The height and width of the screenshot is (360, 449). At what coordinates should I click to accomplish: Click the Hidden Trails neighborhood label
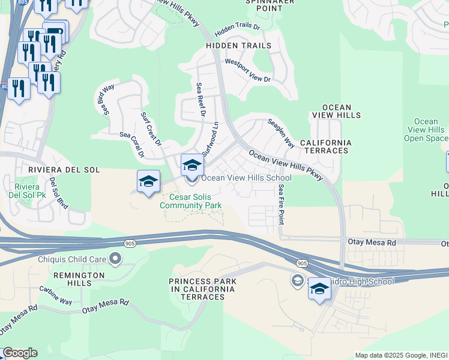coord(238,46)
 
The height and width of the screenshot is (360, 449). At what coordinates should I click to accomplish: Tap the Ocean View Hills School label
coord(246,178)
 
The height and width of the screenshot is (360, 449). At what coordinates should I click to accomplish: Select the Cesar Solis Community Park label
coord(191,201)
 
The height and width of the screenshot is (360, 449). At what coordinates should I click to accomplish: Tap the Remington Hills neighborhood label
coord(79,280)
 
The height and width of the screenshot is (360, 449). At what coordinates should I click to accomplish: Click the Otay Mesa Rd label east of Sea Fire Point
coord(372,242)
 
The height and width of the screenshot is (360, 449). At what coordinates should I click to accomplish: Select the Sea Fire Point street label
coord(282,204)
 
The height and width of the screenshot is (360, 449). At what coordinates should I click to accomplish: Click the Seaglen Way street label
coord(281,136)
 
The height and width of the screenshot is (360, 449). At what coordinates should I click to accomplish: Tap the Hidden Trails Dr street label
coord(237,29)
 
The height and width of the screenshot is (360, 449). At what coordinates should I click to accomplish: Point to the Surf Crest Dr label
coord(151,128)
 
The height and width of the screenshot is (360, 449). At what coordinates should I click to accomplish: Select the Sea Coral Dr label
coord(132,145)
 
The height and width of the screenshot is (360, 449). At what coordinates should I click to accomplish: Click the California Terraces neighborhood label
coord(325,146)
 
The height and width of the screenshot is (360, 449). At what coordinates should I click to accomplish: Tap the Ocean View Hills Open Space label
coord(426,130)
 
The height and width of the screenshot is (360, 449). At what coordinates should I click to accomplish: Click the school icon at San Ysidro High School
coord(319,289)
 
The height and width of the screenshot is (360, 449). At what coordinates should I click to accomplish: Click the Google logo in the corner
coord(20,353)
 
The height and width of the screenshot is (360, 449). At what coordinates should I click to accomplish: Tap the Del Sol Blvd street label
coord(59,193)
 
